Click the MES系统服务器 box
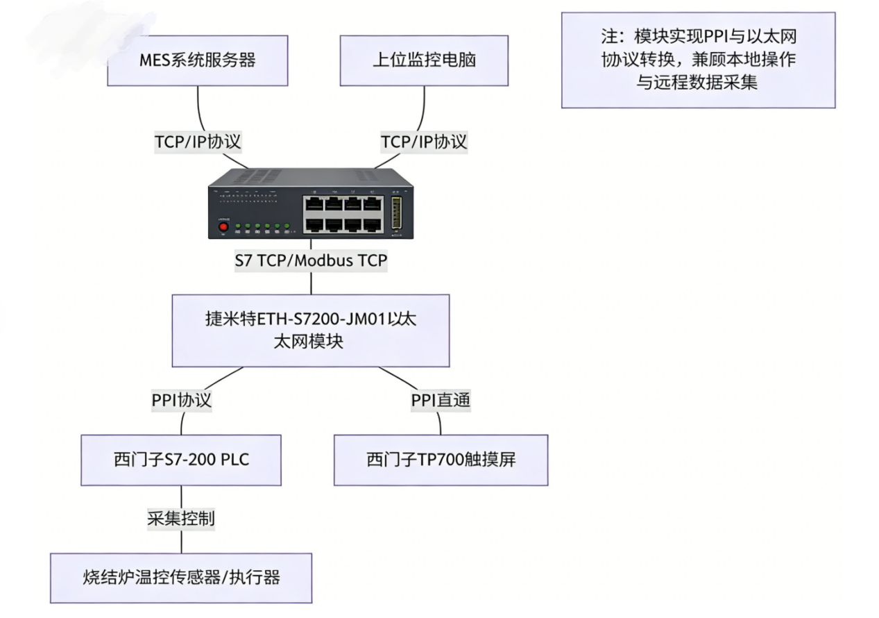point(198,60)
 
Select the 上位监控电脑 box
point(424,60)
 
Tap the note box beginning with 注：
point(698,60)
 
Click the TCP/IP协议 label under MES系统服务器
point(198,142)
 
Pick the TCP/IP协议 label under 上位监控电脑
point(424,142)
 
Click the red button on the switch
point(223,227)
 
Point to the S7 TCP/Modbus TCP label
point(310,261)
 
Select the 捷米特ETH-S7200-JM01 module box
point(311,331)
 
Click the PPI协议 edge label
point(182,401)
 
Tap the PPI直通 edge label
point(441,401)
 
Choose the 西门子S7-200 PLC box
point(181,460)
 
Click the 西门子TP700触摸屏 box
point(441,460)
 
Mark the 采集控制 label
point(181,519)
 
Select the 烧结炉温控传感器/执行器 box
point(181,578)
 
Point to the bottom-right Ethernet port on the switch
point(373,224)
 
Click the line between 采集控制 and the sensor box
point(181,542)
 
